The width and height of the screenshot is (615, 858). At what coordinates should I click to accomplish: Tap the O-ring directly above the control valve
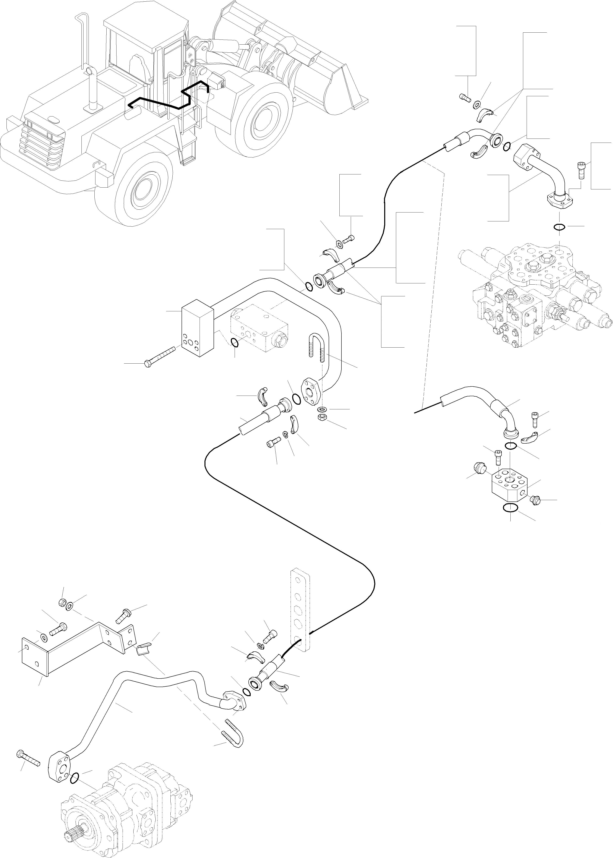coord(559,227)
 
